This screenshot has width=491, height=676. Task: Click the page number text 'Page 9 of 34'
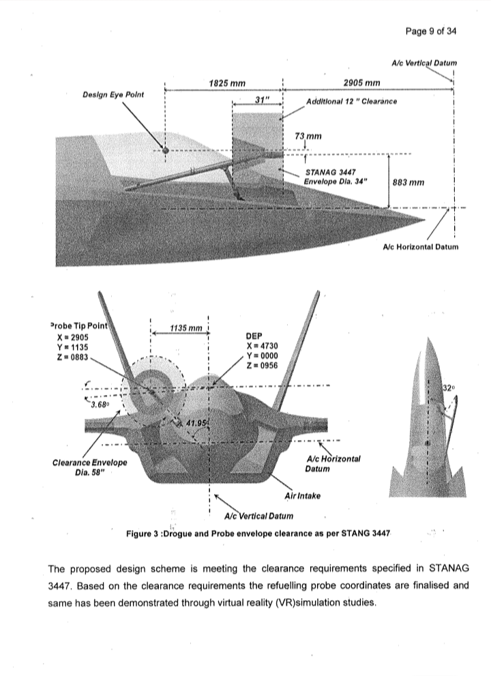click(x=431, y=31)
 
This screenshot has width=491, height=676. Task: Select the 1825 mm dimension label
click(x=227, y=83)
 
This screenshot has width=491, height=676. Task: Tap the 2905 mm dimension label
click(x=361, y=83)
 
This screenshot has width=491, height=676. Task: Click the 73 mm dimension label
click(x=308, y=136)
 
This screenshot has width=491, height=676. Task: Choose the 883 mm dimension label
click(x=408, y=182)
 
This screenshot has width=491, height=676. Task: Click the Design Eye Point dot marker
click(x=164, y=150)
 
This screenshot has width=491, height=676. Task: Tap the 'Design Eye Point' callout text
click(x=113, y=94)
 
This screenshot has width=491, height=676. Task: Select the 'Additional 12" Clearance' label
click(x=351, y=102)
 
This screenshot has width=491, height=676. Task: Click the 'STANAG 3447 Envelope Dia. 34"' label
click(x=335, y=177)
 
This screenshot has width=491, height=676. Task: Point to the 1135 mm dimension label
click(x=186, y=328)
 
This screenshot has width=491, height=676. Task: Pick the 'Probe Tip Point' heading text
click(x=79, y=326)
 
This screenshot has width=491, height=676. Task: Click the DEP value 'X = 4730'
click(x=262, y=346)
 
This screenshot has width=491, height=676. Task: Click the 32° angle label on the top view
click(x=449, y=387)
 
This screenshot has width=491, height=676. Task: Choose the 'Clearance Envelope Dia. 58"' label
click(x=89, y=467)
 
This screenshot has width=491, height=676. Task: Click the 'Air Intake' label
click(x=303, y=496)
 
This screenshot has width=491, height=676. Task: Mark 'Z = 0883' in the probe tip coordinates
click(x=70, y=357)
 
